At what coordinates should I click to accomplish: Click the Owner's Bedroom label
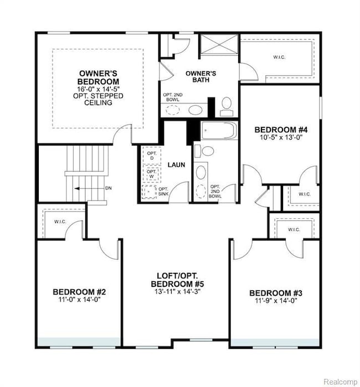(98, 78)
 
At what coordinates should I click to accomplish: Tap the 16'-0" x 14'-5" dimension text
(98, 89)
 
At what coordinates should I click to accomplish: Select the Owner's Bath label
(200, 76)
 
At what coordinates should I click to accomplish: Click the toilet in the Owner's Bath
(227, 106)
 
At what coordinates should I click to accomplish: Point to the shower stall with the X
(219, 44)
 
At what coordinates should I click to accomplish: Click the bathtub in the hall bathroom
(219, 130)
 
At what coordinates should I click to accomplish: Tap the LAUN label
(176, 164)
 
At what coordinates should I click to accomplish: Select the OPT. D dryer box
(152, 156)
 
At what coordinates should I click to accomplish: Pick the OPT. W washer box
(152, 174)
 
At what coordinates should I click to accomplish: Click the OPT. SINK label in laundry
(163, 192)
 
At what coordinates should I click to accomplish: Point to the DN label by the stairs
(109, 188)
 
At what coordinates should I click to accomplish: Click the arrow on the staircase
(89, 189)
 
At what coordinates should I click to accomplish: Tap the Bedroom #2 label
(79, 292)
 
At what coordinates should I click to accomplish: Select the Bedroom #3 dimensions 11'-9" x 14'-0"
(276, 301)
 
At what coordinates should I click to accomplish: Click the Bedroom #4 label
(281, 130)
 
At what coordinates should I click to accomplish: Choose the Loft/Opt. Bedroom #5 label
(178, 280)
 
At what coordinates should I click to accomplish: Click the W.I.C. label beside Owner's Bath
(279, 57)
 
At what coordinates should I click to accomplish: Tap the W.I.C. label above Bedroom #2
(60, 221)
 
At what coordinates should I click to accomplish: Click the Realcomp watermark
(340, 381)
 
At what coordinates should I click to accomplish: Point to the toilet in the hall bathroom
(204, 151)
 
